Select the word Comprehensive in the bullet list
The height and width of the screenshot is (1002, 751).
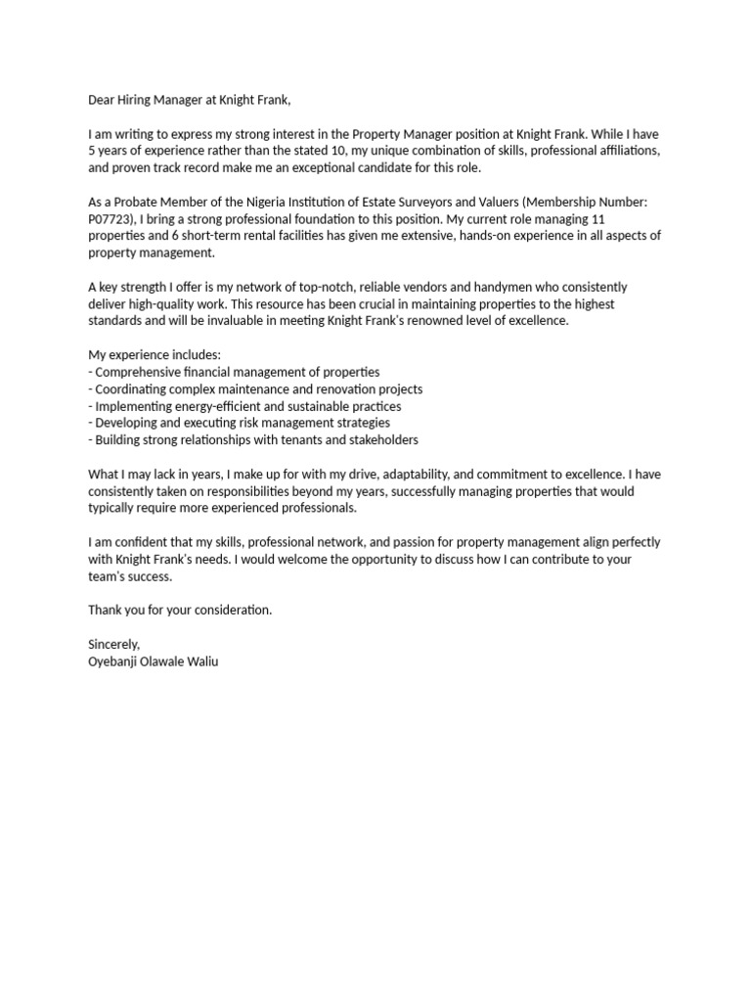pos(144,372)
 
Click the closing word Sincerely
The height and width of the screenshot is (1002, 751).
pos(114,644)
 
